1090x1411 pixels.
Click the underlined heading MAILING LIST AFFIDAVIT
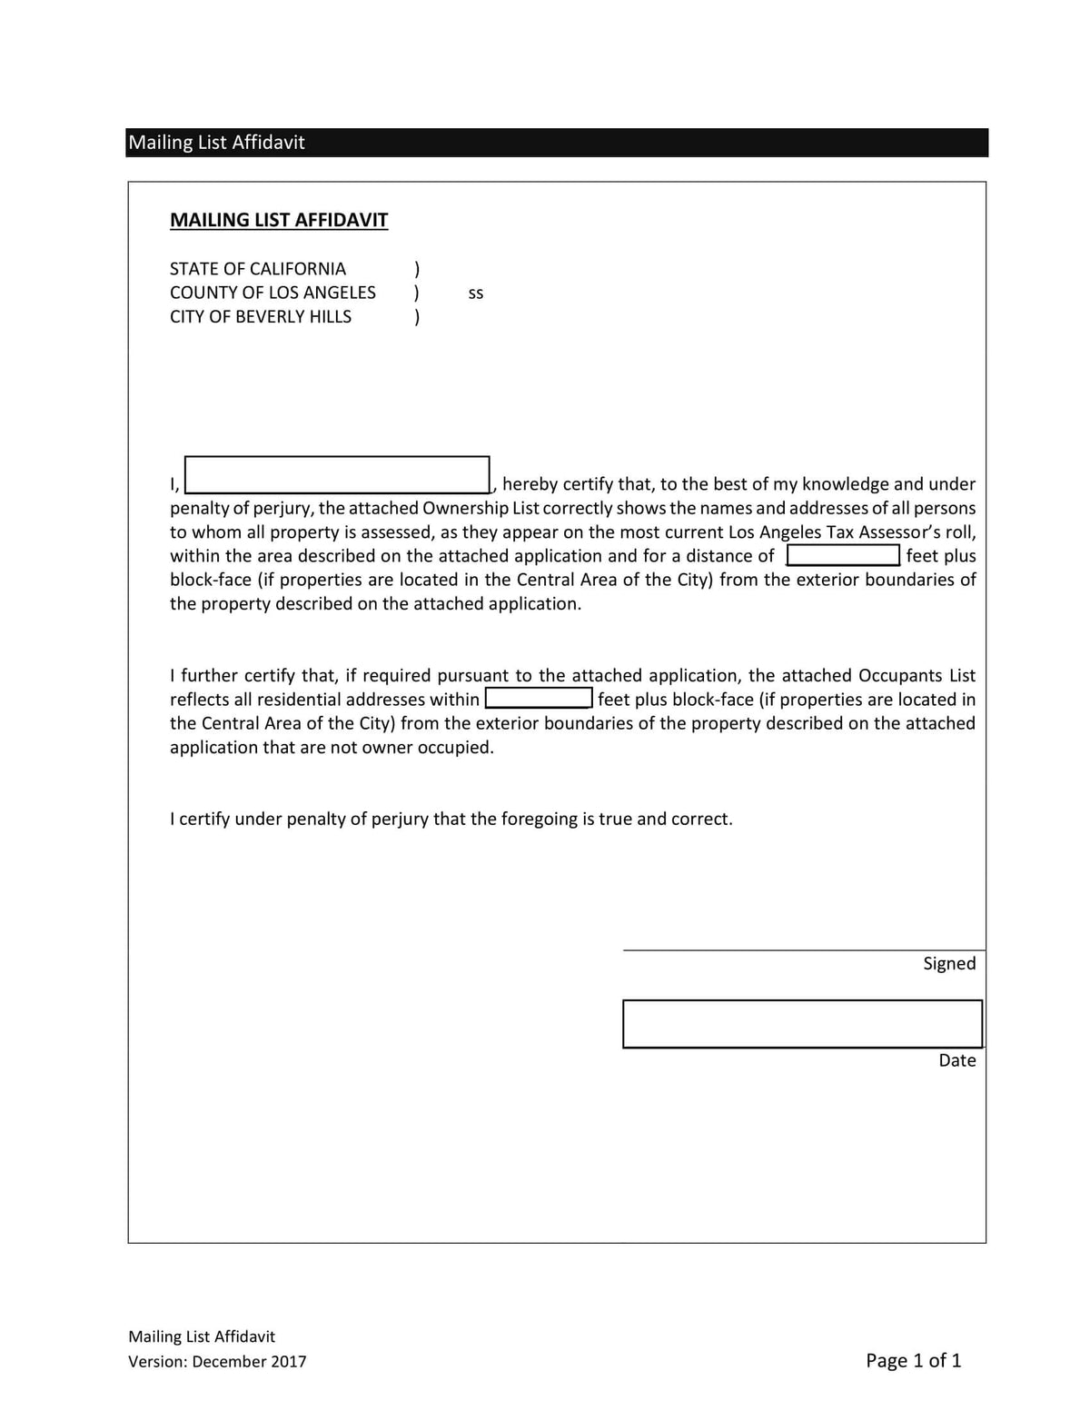279,220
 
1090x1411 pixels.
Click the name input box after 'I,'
337,474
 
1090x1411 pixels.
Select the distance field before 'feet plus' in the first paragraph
843,554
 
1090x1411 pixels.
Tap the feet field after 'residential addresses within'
539,698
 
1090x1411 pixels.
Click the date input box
802,1023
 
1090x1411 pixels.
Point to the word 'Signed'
949,963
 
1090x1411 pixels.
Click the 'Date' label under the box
957,1060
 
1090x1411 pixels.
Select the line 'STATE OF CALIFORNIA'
258,269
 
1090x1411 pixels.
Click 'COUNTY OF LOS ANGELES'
272,293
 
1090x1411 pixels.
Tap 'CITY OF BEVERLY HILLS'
261,316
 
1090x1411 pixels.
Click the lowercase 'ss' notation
476,293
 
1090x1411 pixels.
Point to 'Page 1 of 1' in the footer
913,1360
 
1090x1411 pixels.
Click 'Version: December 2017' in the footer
217,1361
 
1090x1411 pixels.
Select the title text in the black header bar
216,143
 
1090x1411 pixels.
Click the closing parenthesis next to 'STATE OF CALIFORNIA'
417,269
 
